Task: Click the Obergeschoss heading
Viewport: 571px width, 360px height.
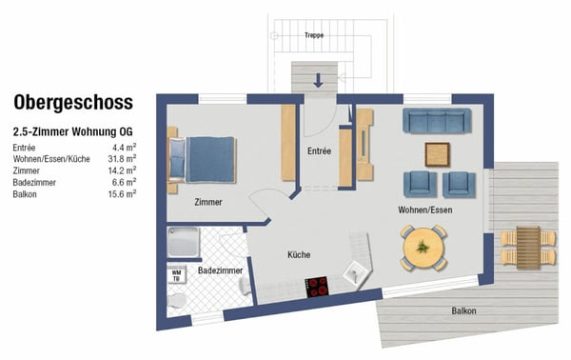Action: (x=73, y=103)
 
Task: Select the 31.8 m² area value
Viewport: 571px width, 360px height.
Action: (x=122, y=158)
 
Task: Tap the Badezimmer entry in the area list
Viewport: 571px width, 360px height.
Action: (x=34, y=182)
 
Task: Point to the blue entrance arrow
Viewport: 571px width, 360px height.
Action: (x=318, y=80)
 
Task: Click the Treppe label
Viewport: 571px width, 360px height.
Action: (x=314, y=35)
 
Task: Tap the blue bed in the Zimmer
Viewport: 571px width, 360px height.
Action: (x=202, y=159)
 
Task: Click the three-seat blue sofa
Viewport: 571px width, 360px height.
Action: (x=437, y=121)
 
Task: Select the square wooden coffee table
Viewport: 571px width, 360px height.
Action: (x=437, y=154)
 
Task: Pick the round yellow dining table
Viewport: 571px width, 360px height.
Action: (x=423, y=248)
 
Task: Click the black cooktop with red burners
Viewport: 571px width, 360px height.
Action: (x=317, y=287)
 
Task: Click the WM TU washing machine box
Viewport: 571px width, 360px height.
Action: (x=176, y=275)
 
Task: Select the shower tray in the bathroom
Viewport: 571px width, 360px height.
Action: (x=183, y=242)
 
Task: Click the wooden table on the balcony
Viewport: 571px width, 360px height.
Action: (x=528, y=248)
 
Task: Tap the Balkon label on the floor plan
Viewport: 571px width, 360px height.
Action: (x=463, y=310)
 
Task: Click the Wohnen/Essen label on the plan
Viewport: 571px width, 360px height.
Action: (x=425, y=210)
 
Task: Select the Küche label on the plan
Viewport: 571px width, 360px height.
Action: (x=299, y=254)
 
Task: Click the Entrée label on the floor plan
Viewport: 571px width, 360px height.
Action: (x=319, y=150)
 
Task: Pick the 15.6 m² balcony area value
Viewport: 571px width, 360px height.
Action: (x=122, y=194)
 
